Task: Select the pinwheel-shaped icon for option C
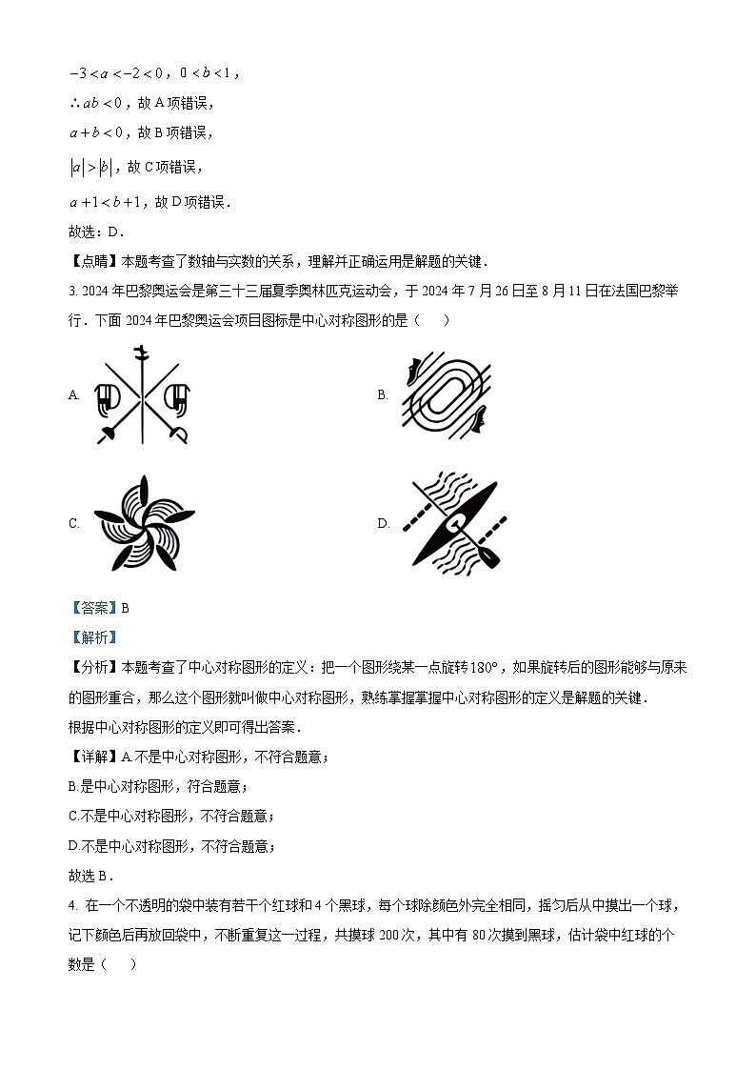[x=143, y=523]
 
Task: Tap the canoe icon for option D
[x=451, y=523]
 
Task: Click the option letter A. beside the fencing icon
[x=74, y=395]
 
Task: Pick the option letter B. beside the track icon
[x=383, y=395]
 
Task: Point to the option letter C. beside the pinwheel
[x=74, y=523]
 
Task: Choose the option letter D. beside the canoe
[x=384, y=523]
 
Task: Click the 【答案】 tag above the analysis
[x=93, y=608]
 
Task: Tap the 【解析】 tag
[x=93, y=637]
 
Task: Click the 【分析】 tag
[x=93, y=668]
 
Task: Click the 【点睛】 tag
[x=93, y=261]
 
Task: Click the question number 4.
[x=72, y=904]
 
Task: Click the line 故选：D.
[x=96, y=232]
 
